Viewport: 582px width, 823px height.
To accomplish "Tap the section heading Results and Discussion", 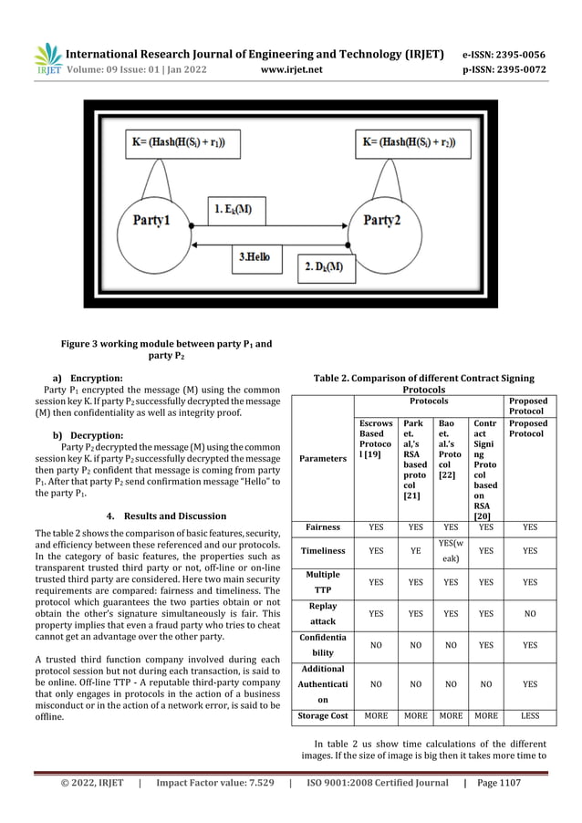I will pos(160,507).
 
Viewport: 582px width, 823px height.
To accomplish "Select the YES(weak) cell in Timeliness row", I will pos(451,550).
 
